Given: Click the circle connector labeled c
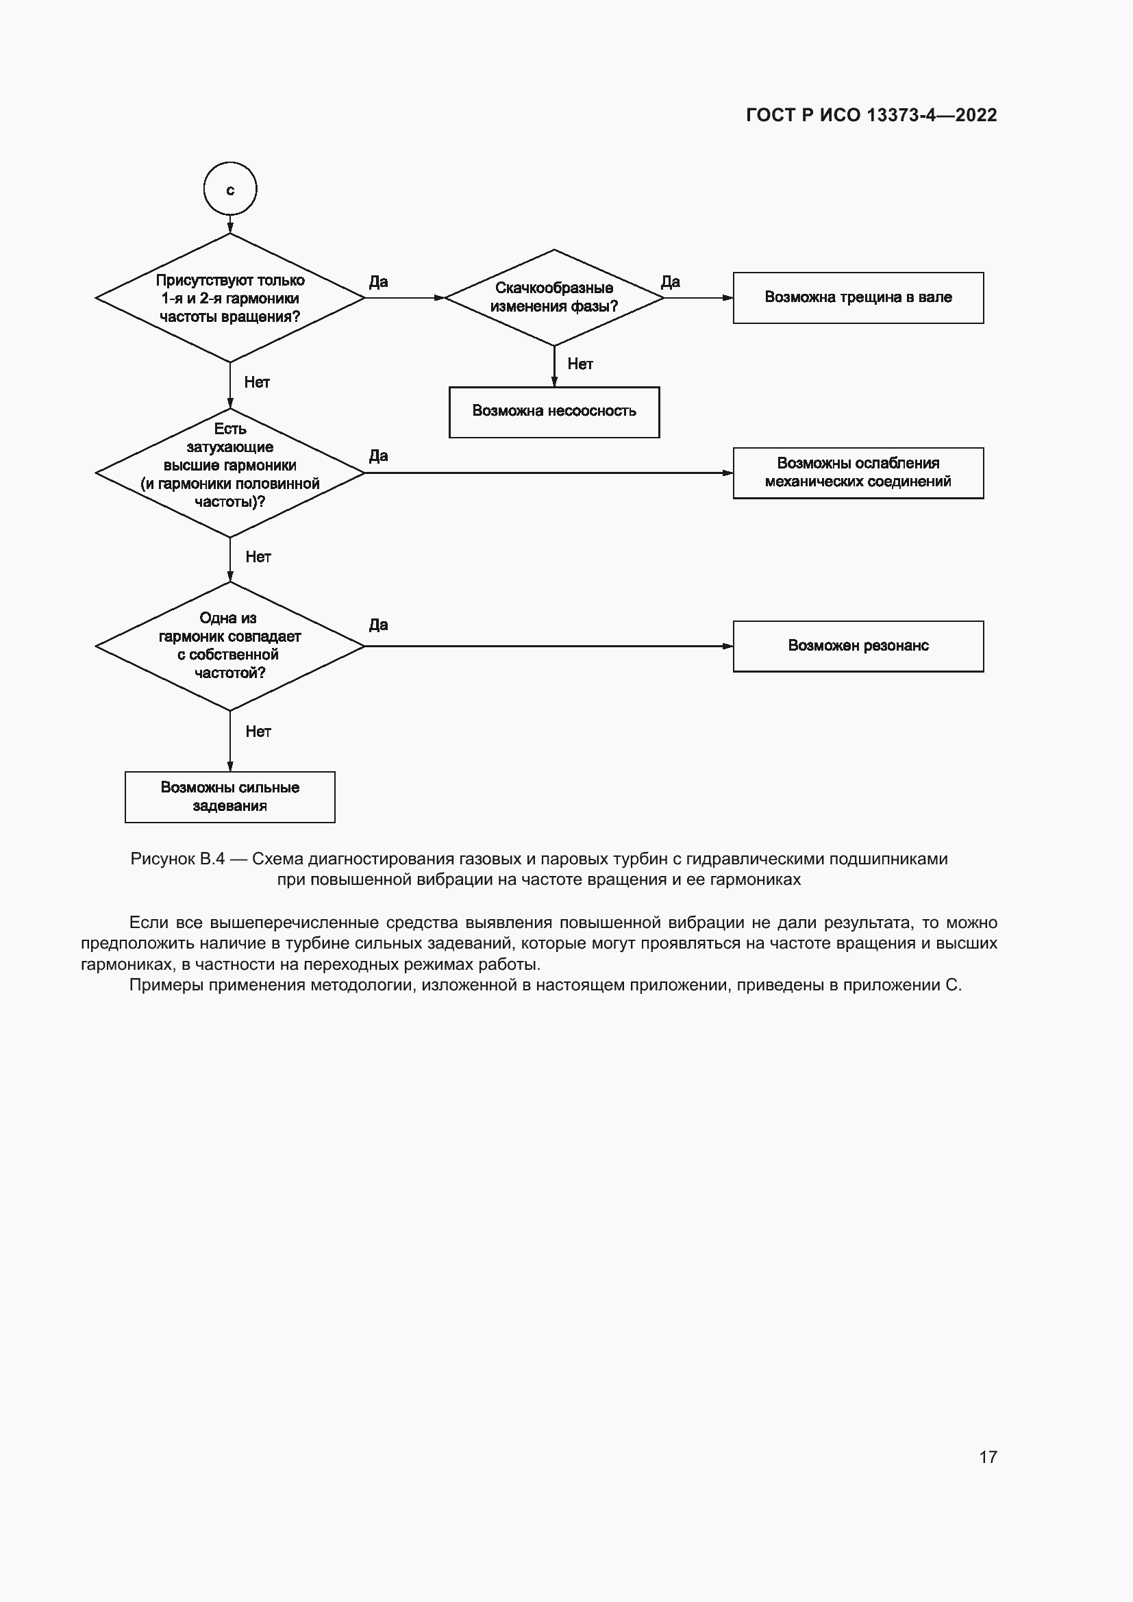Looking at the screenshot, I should [x=230, y=189].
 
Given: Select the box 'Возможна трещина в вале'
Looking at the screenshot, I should [x=858, y=298].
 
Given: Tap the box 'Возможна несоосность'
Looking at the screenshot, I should [x=554, y=412].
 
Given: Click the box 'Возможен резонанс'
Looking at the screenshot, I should [x=858, y=646].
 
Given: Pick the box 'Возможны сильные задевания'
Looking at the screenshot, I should [x=229, y=797].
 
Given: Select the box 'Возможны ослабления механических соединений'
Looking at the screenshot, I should [x=858, y=473].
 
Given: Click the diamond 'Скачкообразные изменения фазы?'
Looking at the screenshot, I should [x=554, y=298].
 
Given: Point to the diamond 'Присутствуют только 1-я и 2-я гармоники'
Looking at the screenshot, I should [x=230, y=298].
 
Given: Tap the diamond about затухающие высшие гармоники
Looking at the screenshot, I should [x=230, y=473].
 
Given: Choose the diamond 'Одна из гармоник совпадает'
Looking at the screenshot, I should [x=230, y=646].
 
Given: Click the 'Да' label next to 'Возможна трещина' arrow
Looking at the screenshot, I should [x=670, y=282].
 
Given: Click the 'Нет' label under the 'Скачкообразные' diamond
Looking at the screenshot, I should [x=580, y=364].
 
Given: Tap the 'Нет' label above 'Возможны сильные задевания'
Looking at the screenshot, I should [x=258, y=731].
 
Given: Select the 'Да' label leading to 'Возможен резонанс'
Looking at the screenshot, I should [x=378, y=625].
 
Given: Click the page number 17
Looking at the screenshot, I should [x=987, y=1457].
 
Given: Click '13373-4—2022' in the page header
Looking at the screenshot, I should [x=932, y=115].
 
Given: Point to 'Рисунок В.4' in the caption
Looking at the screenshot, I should [x=177, y=859].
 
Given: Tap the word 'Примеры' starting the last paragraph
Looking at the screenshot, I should [x=162, y=984].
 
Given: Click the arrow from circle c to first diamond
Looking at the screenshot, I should [x=230, y=224].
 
